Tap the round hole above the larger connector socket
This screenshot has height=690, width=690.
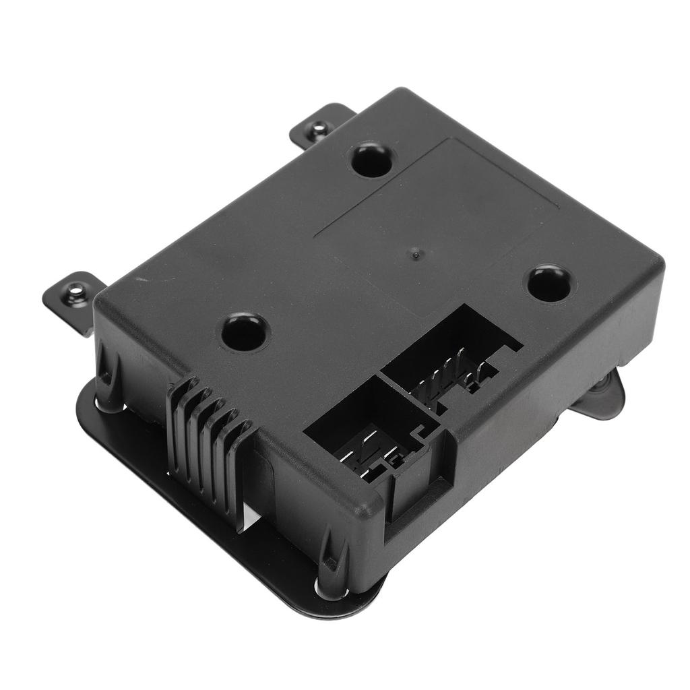pos(549,283)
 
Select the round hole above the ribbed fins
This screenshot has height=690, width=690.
pos(245,332)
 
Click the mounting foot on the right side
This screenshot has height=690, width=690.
pos(600,398)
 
